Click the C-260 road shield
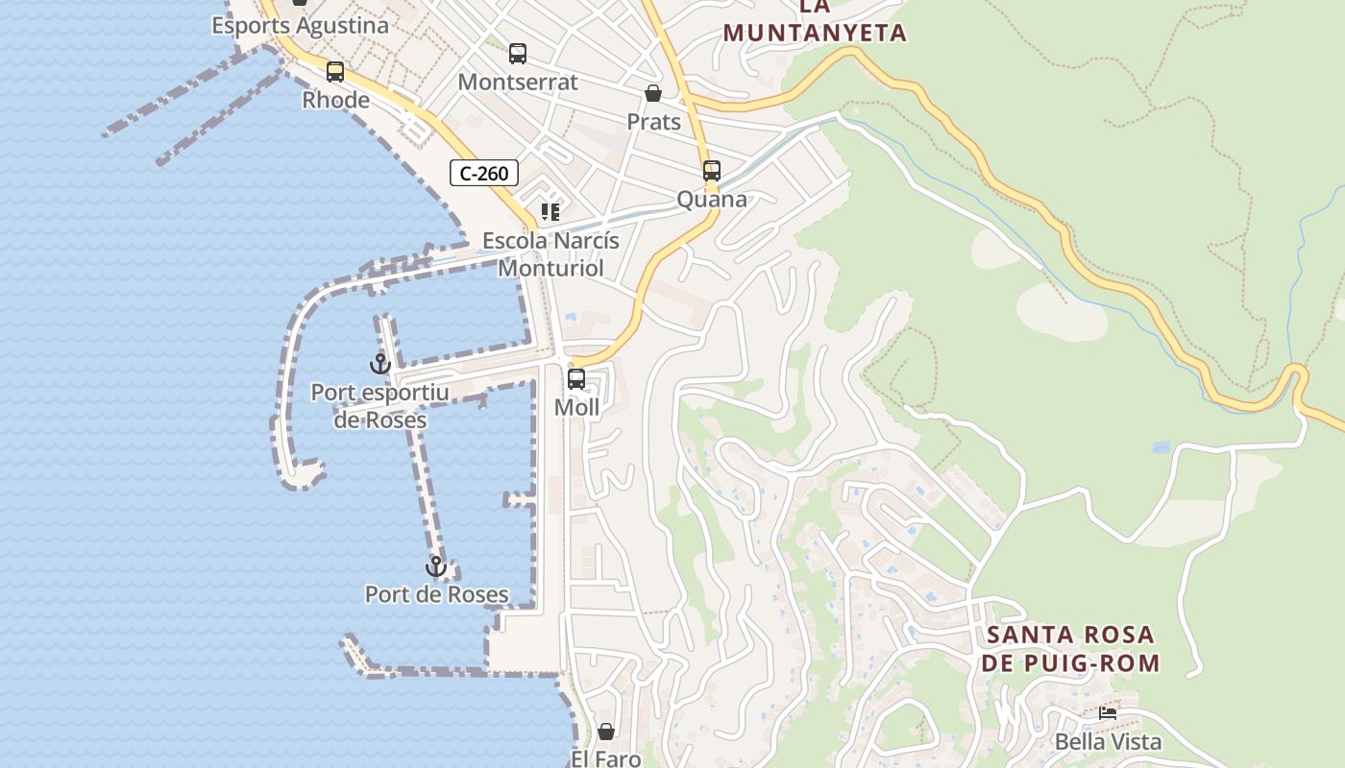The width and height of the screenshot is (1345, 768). (484, 173)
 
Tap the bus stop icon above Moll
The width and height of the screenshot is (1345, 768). (576, 378)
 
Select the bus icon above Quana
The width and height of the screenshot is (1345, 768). (712, 171)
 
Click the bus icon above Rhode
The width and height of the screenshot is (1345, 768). (335, 71)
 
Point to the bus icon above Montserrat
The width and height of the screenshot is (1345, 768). (518, 54)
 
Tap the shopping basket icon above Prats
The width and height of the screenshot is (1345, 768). (653, 93)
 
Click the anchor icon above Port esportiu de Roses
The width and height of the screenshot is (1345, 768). (380, 364)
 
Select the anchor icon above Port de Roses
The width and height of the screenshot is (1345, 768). (436, 566)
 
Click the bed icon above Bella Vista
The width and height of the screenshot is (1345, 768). (1108, 713)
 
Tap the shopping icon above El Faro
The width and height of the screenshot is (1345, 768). (606, 732)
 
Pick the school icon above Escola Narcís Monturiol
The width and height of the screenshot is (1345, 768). (550, 211)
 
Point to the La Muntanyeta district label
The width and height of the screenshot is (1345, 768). (815, 21)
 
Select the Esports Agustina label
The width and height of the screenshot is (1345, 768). (301, 26)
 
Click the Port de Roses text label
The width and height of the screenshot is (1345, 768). (437, 594)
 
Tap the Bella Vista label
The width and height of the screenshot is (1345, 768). (1108, 741)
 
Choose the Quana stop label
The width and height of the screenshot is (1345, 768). (712, 199)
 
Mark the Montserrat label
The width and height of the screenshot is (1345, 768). (518, 82)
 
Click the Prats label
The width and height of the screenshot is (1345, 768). (653, 122)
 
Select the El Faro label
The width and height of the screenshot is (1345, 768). (606, 758)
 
